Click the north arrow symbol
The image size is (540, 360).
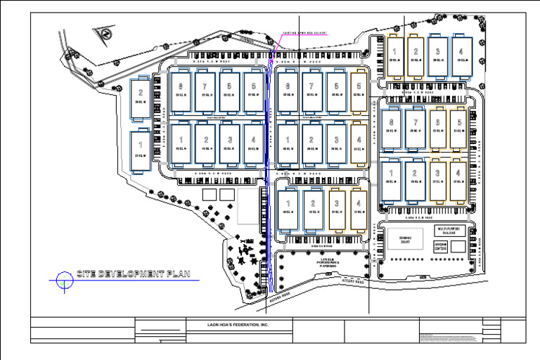[103, 34]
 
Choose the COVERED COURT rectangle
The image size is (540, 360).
[404, 238]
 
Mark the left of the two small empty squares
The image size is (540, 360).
[209, 193]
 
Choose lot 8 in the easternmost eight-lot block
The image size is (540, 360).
[391, 127]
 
